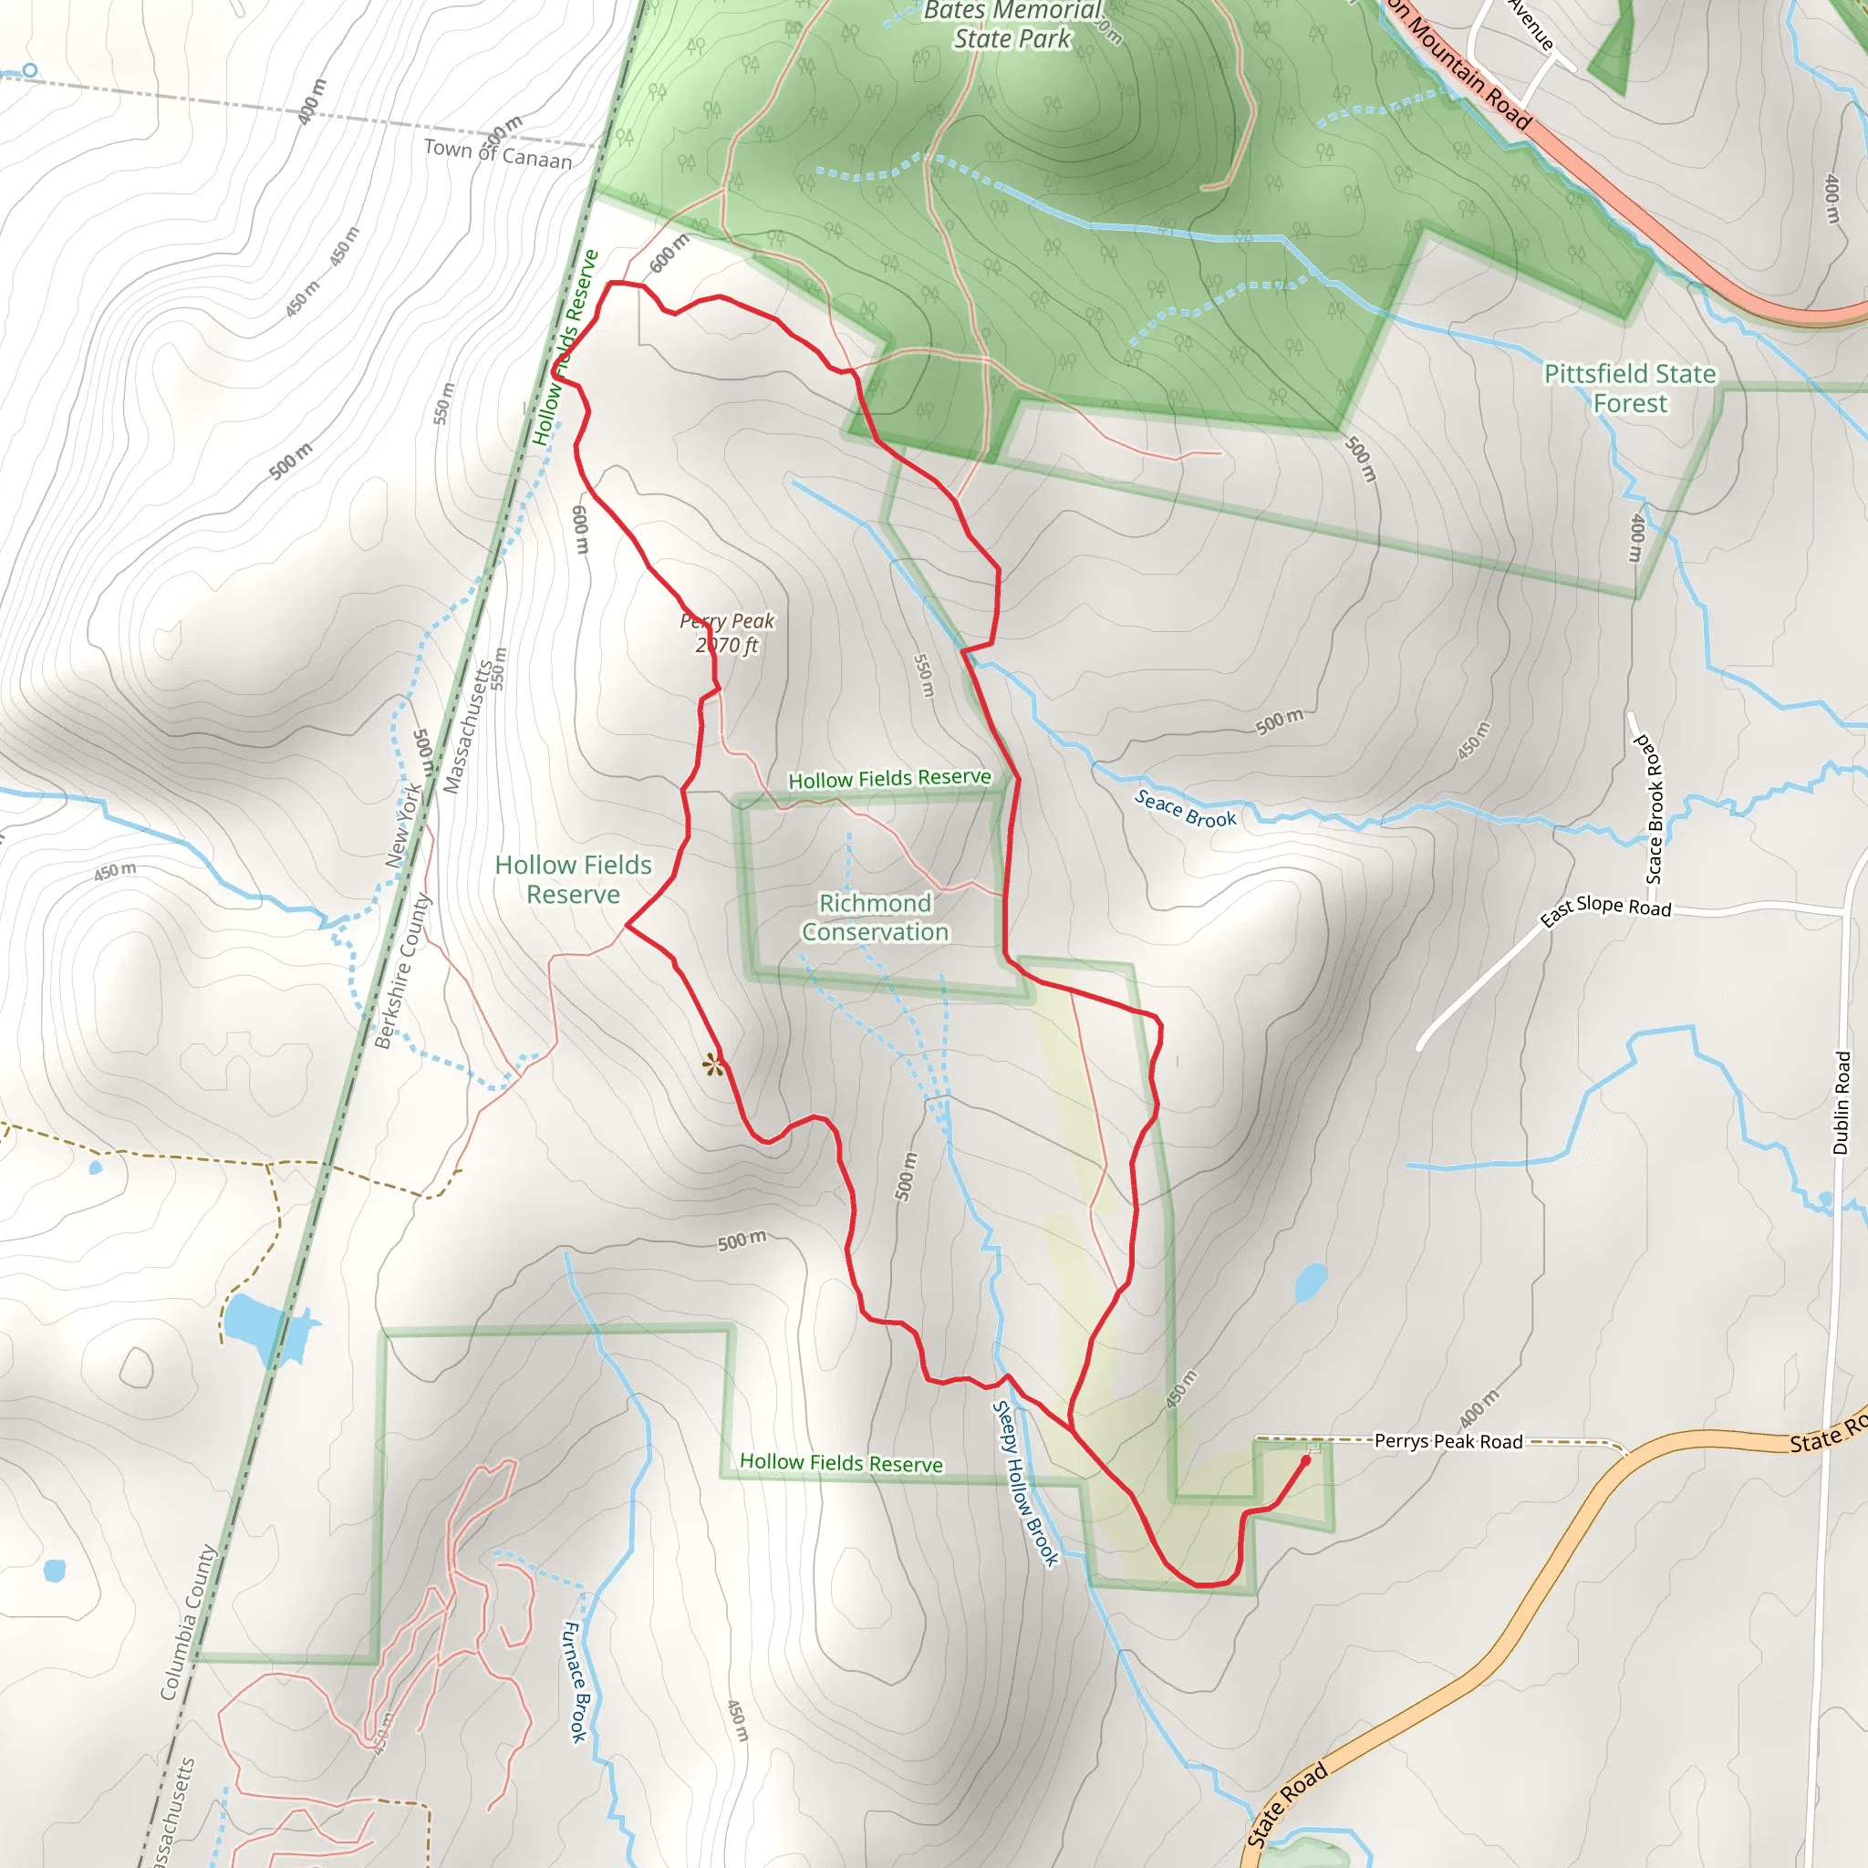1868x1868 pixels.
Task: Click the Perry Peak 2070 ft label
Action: (x=727, y=633)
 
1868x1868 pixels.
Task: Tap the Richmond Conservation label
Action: (x=875, y=917)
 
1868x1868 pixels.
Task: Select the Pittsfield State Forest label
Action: (x=1629, y=388)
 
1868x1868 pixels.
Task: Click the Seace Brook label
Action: (x=1185, y=808)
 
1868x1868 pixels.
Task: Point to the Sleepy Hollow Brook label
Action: (x=1026, y=1483)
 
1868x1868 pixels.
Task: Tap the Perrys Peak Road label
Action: (x=1448, y=1442)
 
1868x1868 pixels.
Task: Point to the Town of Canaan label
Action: (x=498, y=152)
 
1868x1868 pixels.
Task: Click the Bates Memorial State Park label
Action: (x=1012, y=26)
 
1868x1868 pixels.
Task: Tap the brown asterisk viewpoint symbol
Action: (x=712, y=1065)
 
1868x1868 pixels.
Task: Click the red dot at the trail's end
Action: (x=1305, y=1461)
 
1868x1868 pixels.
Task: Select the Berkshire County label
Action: (x=402, y=970)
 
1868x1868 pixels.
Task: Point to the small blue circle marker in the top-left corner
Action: (x=30, y=69)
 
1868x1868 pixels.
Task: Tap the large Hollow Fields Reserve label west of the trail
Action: (x=574, y=879)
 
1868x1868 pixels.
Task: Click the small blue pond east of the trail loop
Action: (x=1310, y=1282)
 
